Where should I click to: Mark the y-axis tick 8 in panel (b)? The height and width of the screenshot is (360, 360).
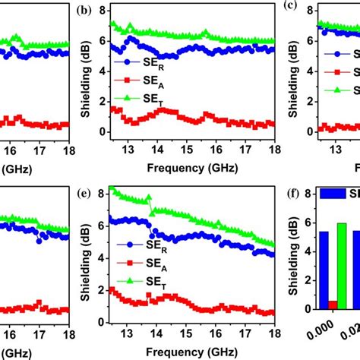(x=99, y=10)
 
